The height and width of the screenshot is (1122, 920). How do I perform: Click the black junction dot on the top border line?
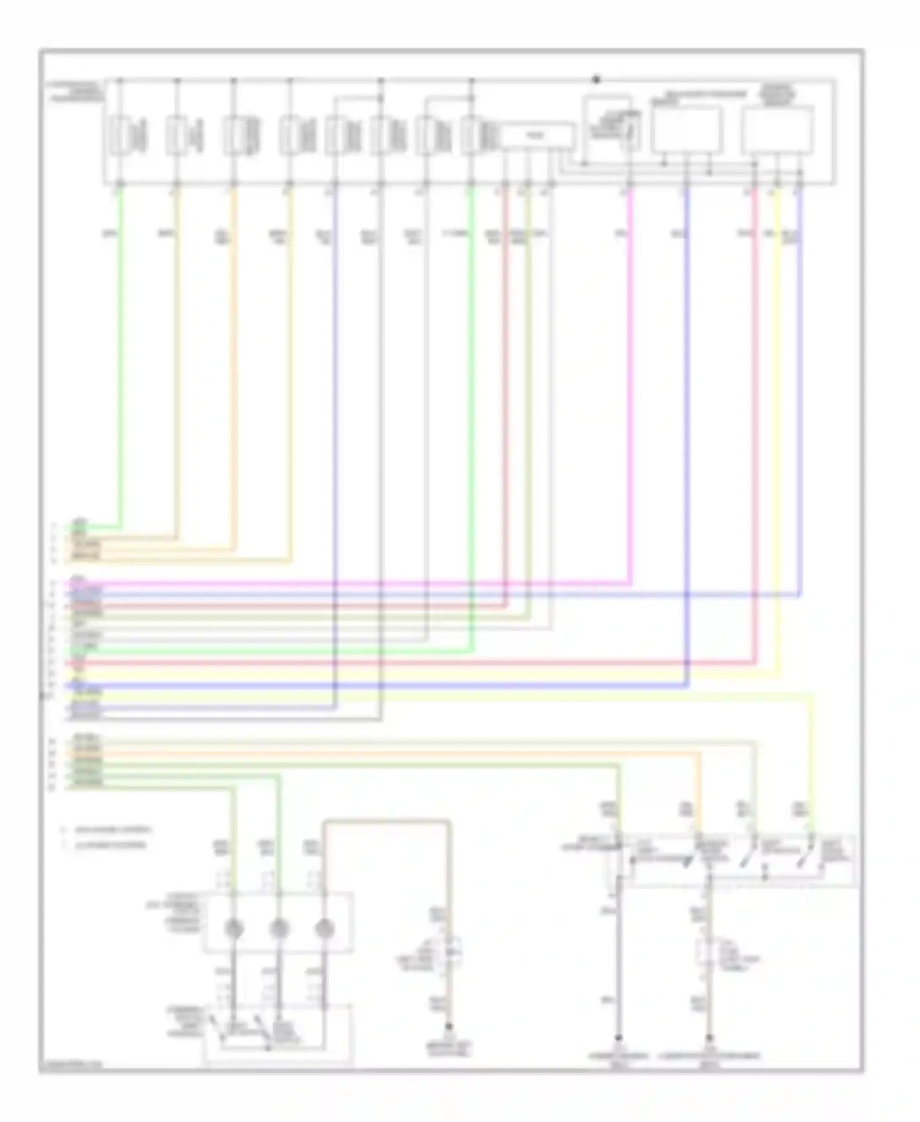pos(596,79)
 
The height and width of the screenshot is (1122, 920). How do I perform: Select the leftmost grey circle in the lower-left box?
pos(233,929)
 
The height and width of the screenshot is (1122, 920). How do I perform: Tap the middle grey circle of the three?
pos(279,929)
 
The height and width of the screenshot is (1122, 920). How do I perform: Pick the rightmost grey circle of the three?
pos(324,929)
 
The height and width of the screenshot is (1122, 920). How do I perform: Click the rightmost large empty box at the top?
pos(778,130)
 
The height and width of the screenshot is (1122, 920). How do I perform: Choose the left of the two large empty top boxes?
pos(686,130)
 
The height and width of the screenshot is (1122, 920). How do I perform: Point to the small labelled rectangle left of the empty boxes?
pos(538,136)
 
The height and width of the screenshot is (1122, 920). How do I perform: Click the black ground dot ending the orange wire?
pos(449,1027)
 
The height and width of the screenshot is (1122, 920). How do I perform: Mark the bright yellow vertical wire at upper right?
pos(778,430)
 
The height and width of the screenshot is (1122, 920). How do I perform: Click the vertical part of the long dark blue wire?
pos(687,430)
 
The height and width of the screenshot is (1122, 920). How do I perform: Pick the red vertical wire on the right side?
pos(755,430)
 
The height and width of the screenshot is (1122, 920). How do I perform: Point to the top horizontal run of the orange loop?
pos(386,821)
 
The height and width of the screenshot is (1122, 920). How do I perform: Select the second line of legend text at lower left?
pos(110,845)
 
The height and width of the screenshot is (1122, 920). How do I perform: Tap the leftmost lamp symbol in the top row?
pos(120,135)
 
